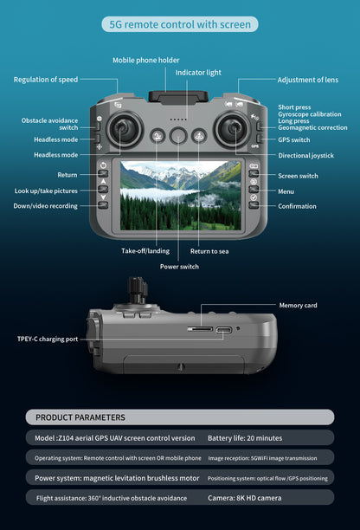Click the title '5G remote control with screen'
point(180,24)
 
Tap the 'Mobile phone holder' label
point(146,60)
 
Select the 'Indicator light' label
point(199,73)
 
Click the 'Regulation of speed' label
point(45,80)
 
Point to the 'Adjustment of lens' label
point(307,80)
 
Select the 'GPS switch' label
point(294,139)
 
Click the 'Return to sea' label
point(209,251)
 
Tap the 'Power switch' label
point(179,267)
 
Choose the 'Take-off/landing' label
point(145,251)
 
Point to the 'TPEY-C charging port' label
point(47,339)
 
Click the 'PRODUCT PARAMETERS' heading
point(80,417)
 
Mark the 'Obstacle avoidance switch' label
point(49,124)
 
